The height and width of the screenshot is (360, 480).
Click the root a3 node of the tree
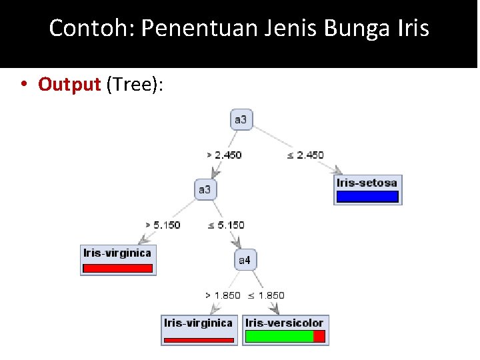coord(241,120)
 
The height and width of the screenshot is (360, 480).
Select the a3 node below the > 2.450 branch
coord(204,190)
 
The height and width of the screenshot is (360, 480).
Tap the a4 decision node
coord(245,260)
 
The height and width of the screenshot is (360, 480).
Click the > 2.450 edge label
coord(224,155)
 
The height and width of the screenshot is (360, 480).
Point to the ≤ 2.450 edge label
coord(305,155)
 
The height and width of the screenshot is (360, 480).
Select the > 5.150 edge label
coord(163,225)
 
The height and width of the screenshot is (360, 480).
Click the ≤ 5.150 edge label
coord(227,225)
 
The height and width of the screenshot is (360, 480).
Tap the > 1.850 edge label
coord(223,295)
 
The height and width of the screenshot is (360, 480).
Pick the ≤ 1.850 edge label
coord(266,295)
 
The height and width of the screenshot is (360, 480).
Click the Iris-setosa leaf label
coord(367,183)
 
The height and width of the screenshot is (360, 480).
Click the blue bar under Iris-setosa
coord(367,197)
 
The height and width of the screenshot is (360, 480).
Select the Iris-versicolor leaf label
coord(285,323)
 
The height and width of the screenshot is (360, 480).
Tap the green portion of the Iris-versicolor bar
coord(279,337)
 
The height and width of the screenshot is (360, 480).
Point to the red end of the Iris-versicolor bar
coord(319,337)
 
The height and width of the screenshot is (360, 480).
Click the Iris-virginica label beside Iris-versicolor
coord(198,323)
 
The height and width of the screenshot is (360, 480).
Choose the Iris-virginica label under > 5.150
coord(117,253)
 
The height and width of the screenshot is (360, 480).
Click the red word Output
coord(69,85)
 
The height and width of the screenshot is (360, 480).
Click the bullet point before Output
coord(24,85)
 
